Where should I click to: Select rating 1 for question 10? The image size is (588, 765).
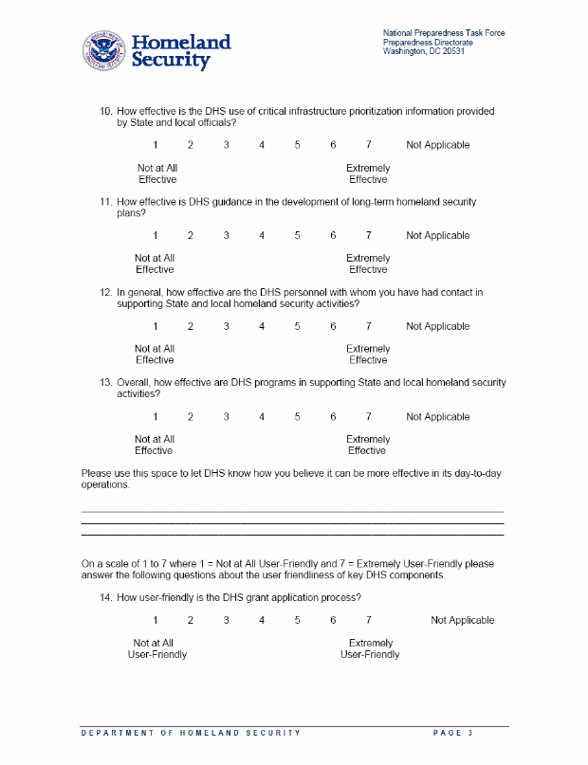click(x=155, y=145)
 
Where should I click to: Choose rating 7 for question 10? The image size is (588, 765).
click(x=368, y=145)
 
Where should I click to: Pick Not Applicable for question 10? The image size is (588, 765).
click(x=437, y=145)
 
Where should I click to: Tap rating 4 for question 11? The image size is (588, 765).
click(x=262, y=236)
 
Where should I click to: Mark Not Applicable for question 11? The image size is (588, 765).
click(x=437, y=236)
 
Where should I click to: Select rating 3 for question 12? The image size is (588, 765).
click(x=226, y=327)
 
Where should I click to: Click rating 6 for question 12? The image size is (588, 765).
click(x=333, y=327)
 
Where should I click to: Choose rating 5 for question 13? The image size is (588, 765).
click(x=297, y=417)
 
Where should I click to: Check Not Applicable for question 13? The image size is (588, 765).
click(x=437, y=417)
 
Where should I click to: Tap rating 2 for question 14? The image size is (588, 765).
click(x=190, y=621)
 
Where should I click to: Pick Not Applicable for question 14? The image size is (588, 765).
click(x=462, y=621)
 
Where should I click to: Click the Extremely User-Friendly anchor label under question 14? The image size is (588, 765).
click(x=370, y=649)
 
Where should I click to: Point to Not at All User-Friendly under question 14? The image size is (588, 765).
click(x=156, y=649)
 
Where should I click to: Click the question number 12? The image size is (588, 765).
click(x=106, y=293)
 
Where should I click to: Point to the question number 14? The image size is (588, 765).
click(x=106, y=598)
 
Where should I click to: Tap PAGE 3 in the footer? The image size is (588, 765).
click(x=452, y=734)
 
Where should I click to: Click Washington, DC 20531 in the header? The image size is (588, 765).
click(x=424, y=50)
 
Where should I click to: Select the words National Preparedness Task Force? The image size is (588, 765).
click(x=444, y=33)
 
